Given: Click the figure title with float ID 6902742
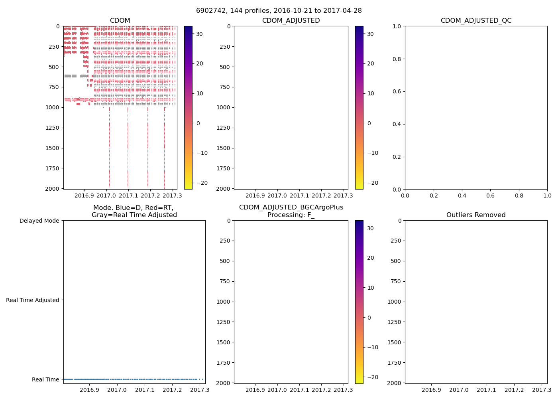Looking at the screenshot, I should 279,11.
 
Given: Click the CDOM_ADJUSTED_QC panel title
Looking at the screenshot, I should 476,21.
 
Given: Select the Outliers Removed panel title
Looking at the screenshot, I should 476,215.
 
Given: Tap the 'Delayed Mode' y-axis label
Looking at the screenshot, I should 39,221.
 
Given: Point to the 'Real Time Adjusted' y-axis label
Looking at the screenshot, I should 33,300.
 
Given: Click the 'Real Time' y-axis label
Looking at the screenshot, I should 45,379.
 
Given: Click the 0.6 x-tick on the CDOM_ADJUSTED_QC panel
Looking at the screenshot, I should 490,196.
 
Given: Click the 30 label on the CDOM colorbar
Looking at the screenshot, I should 199,34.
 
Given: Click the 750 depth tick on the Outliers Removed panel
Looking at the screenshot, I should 395,281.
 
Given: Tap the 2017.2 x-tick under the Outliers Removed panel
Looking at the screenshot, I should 514,390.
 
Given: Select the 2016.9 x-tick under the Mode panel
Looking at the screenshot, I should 89,390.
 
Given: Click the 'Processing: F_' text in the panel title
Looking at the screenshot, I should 291,215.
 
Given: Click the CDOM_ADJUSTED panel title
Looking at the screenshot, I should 291,21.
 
